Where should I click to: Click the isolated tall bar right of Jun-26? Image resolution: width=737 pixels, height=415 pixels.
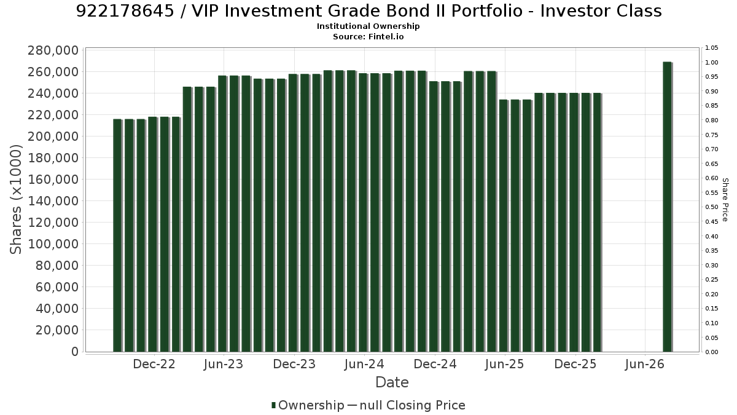pos(668,207)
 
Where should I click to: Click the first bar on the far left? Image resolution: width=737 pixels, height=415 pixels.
pos(117,235)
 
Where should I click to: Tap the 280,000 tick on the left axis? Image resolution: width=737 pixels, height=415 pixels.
pos(53,50)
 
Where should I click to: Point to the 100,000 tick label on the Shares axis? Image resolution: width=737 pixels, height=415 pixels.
pos(53,244)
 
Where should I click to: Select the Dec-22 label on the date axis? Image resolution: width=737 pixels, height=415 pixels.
pos(154,364)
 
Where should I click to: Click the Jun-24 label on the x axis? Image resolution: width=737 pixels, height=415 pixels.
pos(364,364)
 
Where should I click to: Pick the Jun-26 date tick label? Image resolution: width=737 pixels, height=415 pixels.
pos(645,364)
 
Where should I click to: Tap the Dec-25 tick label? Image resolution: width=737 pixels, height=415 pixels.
pos(575,364)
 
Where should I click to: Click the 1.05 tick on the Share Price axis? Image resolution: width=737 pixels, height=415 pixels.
pos(712,48)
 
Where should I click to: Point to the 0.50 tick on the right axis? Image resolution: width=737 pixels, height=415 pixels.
pos(712,207)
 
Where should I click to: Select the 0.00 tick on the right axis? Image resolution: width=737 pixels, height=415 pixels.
pos(712,352)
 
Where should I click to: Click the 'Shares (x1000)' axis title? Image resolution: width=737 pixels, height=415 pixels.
pos(15,200)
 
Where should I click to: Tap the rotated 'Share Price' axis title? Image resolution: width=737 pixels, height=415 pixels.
pos(725,200)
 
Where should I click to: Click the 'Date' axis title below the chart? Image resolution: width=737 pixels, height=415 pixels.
pos(392,382)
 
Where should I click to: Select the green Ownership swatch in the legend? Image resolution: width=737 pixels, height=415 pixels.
pos(273,405)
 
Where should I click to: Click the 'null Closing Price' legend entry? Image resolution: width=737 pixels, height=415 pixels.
pos(413,405)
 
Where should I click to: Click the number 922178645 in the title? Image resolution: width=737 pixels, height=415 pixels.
pos(125,11)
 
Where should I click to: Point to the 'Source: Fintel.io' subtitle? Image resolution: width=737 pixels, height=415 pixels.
pos(368,36)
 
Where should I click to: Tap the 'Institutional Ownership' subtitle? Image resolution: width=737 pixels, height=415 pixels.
pos(368,26)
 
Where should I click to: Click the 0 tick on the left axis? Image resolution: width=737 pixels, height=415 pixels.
pos(75,352)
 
